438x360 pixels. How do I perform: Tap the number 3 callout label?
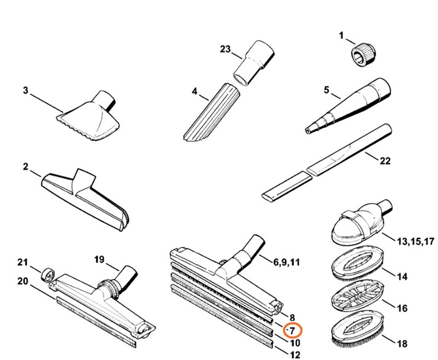point(25,91)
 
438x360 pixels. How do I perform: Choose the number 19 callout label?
point(99,259)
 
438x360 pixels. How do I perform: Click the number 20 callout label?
point(23,281)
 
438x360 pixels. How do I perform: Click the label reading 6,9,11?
point(287,261)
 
